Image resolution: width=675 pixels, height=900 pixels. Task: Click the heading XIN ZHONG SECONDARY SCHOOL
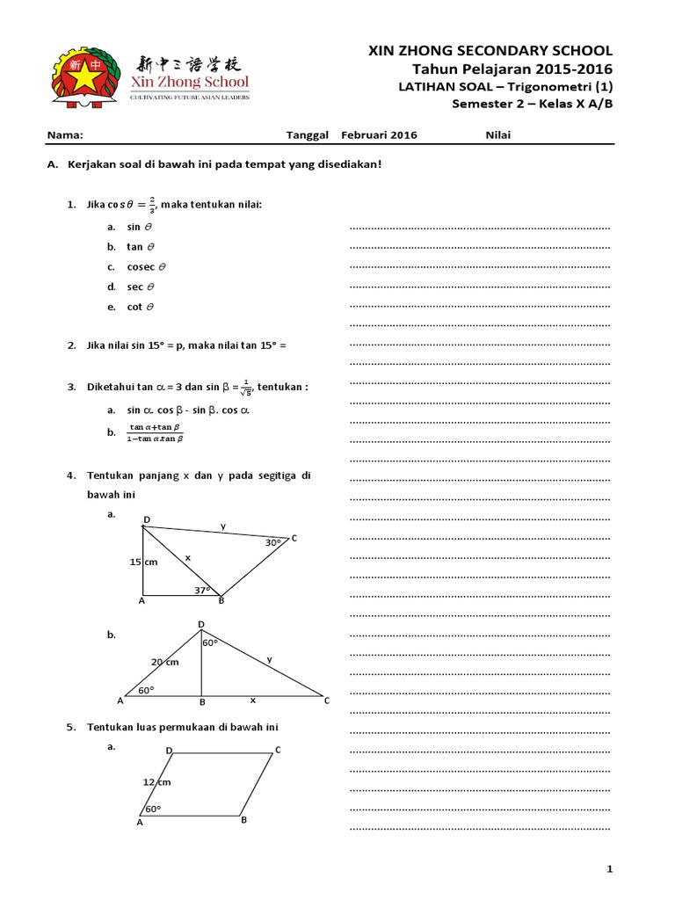pyautogui.click(x=490, y=52)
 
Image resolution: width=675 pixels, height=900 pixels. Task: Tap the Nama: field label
pyautogui.click(x=64, y=135)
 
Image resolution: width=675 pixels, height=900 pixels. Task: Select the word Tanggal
pyautogui.click(x=308, y=135)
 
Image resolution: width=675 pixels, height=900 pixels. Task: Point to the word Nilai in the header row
pyautogui.click(x=497, y=135)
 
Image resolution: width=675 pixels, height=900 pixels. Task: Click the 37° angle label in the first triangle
pyautogui.click(x=203, y=591)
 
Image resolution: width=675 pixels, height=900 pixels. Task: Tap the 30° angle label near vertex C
pyautogui.click(x=272, y=543)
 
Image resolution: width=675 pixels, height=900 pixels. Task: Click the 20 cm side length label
pyautogui.click(x=164, y=662)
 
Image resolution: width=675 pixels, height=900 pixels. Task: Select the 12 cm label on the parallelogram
pyautogui.click(x=156, y=781)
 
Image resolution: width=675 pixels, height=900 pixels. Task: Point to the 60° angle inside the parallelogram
pyautogui.click(x=152, y=809)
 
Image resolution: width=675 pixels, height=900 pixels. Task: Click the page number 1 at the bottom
pyautogui.click(x=608, y=869)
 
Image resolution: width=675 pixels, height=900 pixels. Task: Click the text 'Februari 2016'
pyautogui.click(x=379, y=135)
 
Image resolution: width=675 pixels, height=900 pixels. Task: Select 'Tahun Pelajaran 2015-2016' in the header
pyautogui.click(x=512, y=69)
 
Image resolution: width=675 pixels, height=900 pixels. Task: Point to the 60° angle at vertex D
pyautogui.click(x=209, y=643)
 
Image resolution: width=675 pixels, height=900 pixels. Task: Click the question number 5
pyautogui.click(x=71, y=728)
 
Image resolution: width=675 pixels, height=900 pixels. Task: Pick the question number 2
pyautogui.click(x=71, y=346)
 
